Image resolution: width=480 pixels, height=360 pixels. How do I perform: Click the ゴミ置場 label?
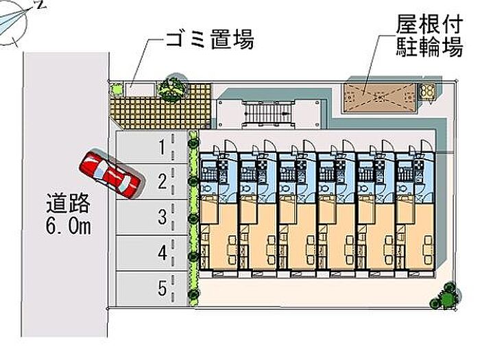(210, 40)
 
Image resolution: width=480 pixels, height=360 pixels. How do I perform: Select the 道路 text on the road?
(68, 204)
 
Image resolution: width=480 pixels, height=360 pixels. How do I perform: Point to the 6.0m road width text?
(68, 227)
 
